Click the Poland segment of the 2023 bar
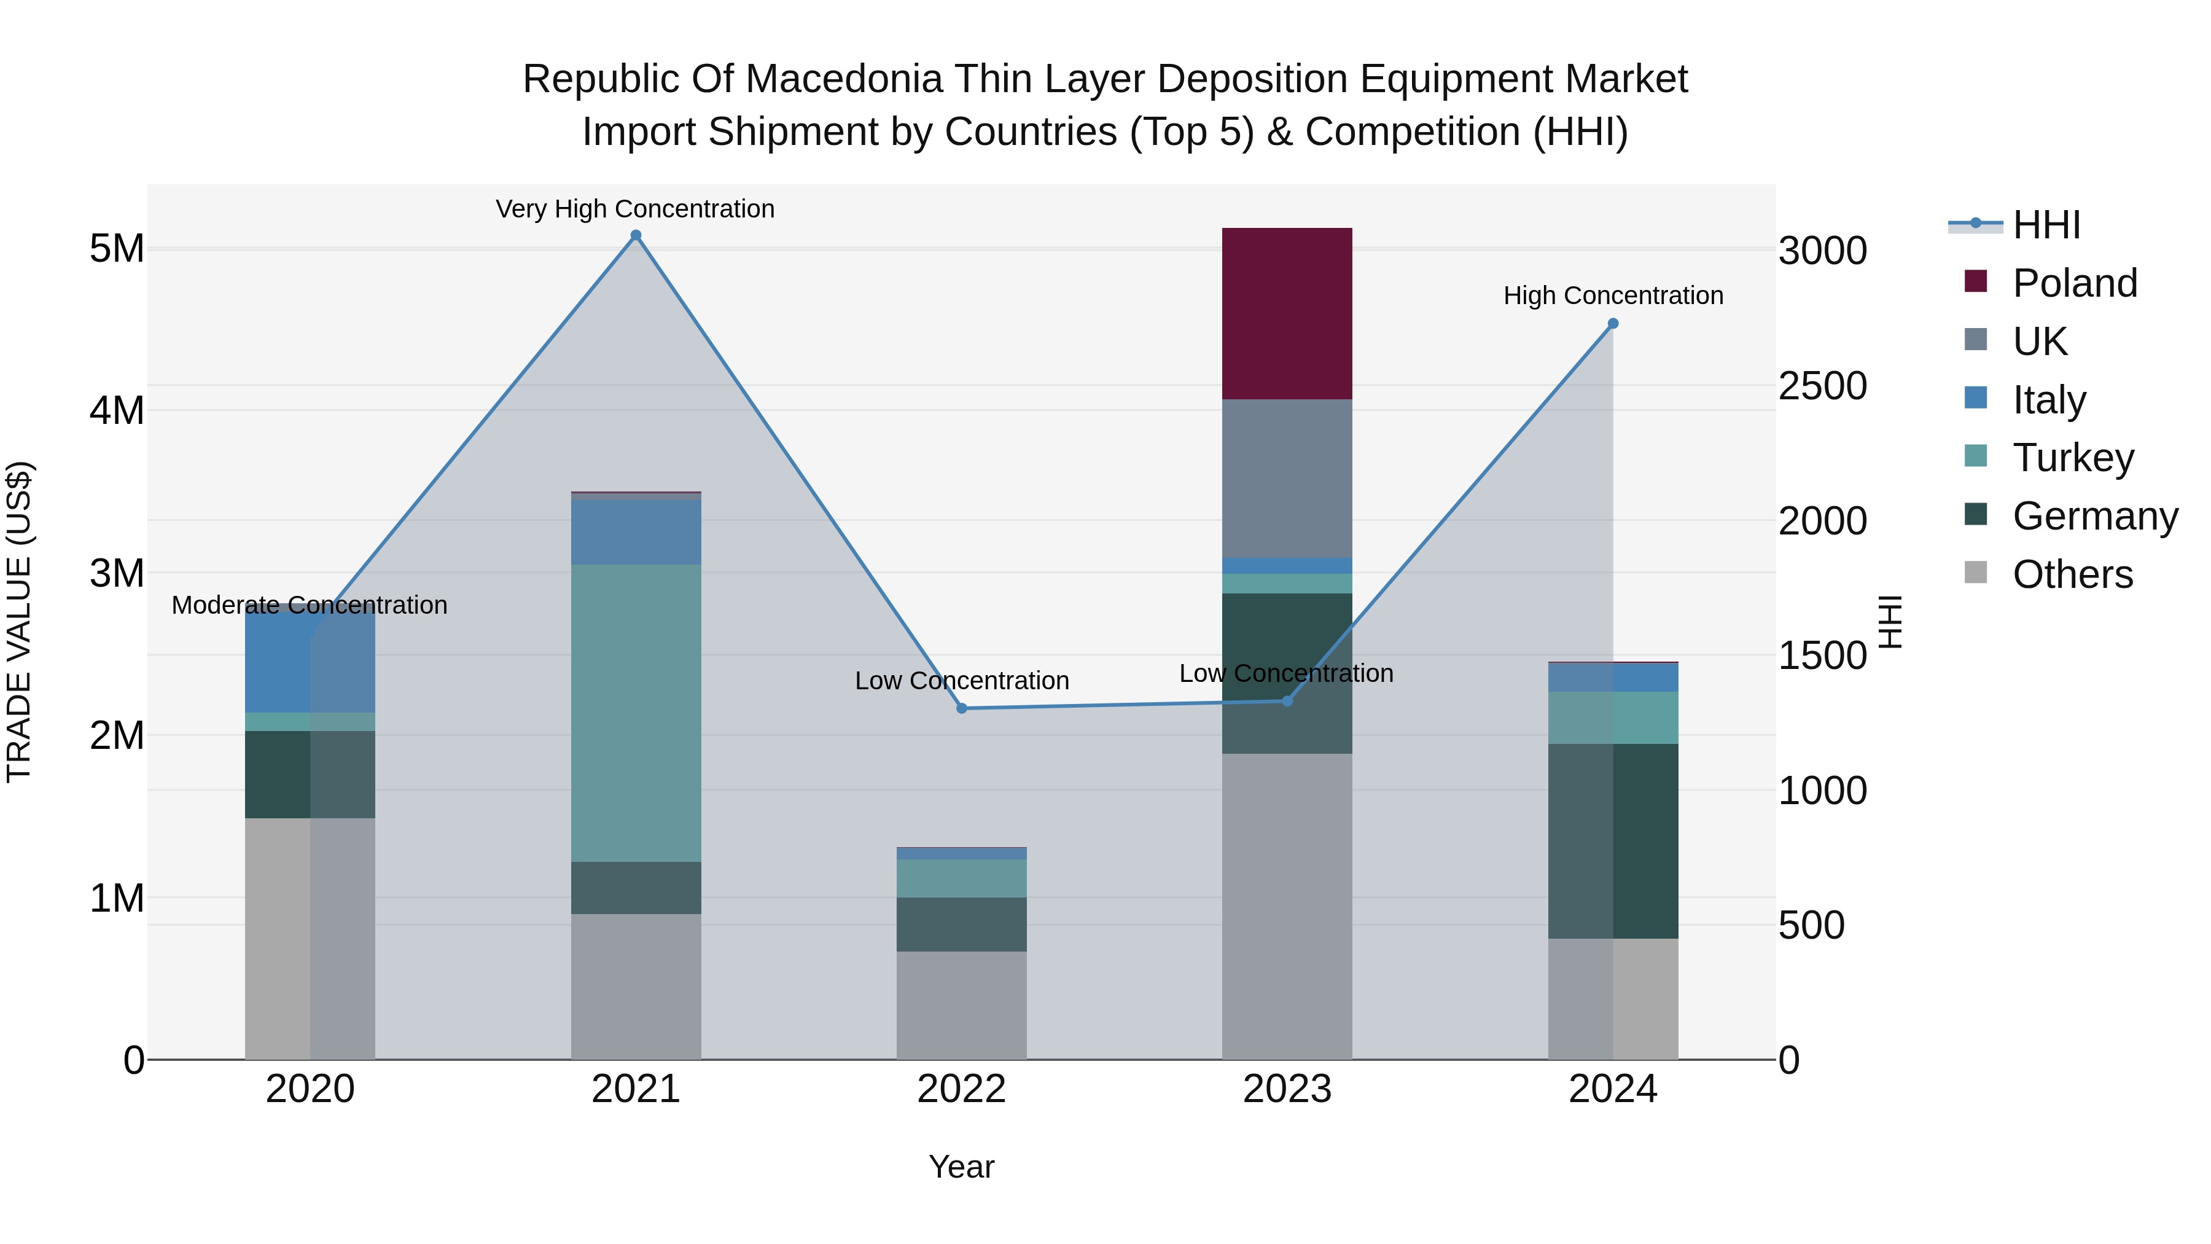(1287, 313)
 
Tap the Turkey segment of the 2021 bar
(636, 713)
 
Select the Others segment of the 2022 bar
(961, 1004)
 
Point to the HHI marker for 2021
(636, 235)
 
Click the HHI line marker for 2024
(1613, 324)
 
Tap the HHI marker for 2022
(961, 708)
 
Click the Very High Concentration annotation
(635, 209)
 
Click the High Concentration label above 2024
(1613, 295)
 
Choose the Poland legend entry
(2075, 283)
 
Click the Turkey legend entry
(2073, 458)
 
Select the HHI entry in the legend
(2046, 225)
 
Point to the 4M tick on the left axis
(117, 410)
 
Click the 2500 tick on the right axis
(1822, 386)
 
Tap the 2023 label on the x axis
(1287, 1089)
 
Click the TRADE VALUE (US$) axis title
(19, 622)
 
